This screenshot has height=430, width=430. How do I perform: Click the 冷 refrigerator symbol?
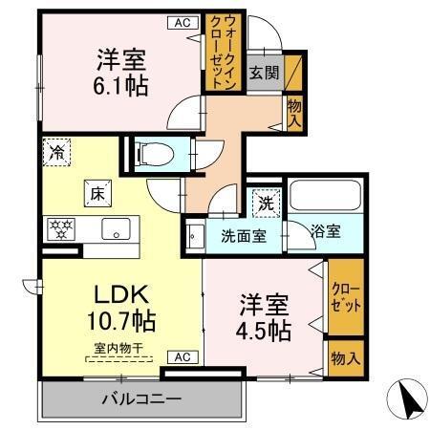tap(56, 151)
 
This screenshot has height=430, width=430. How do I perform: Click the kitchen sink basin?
tap(118, 229)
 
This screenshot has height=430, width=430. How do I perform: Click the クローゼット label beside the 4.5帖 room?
tap(345, 299)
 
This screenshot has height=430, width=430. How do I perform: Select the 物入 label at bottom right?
tap(345, 358)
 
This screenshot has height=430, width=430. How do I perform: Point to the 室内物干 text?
tap(118, 349)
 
